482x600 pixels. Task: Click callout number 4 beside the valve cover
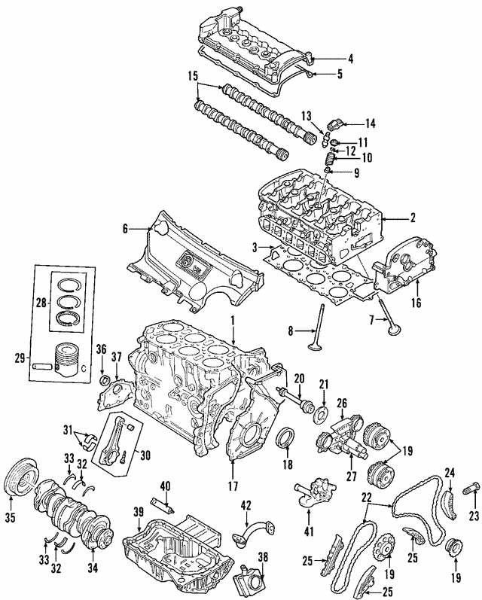tap(349, 58)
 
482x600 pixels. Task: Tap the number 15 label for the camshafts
tap(194, 76)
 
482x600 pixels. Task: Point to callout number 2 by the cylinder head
tap(412, 219)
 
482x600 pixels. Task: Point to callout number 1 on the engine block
tap(233, 321)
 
